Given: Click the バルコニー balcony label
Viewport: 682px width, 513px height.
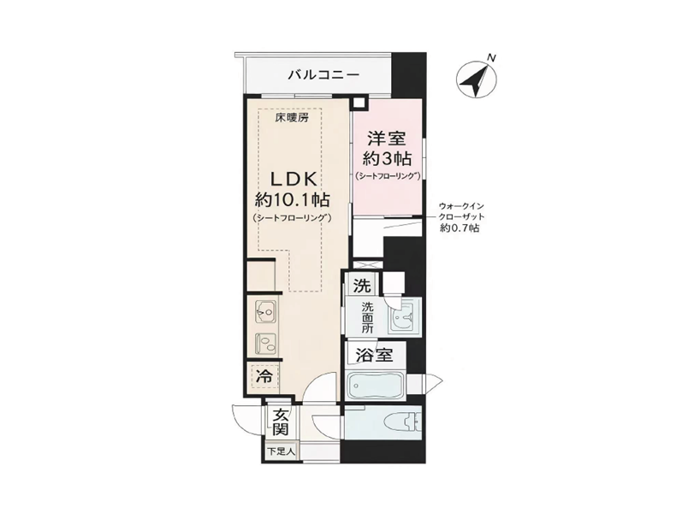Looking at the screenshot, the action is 324,75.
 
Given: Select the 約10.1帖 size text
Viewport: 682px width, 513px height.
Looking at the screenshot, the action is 292,200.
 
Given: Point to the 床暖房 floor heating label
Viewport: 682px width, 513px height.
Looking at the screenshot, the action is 292,117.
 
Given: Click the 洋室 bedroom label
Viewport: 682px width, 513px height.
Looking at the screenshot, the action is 387,139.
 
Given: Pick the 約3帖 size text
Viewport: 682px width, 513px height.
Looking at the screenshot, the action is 387,159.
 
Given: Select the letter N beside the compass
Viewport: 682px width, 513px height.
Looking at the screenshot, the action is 491,57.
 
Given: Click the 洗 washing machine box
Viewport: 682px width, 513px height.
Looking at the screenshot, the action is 362,286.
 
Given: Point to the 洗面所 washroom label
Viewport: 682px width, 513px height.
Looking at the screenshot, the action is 368,318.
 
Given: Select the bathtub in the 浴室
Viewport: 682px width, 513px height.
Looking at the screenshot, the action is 376,385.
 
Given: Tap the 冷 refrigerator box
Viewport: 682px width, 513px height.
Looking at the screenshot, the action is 264,376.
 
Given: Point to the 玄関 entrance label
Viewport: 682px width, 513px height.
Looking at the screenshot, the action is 281,422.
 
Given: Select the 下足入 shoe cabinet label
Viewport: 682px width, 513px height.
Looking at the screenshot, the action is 281,451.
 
